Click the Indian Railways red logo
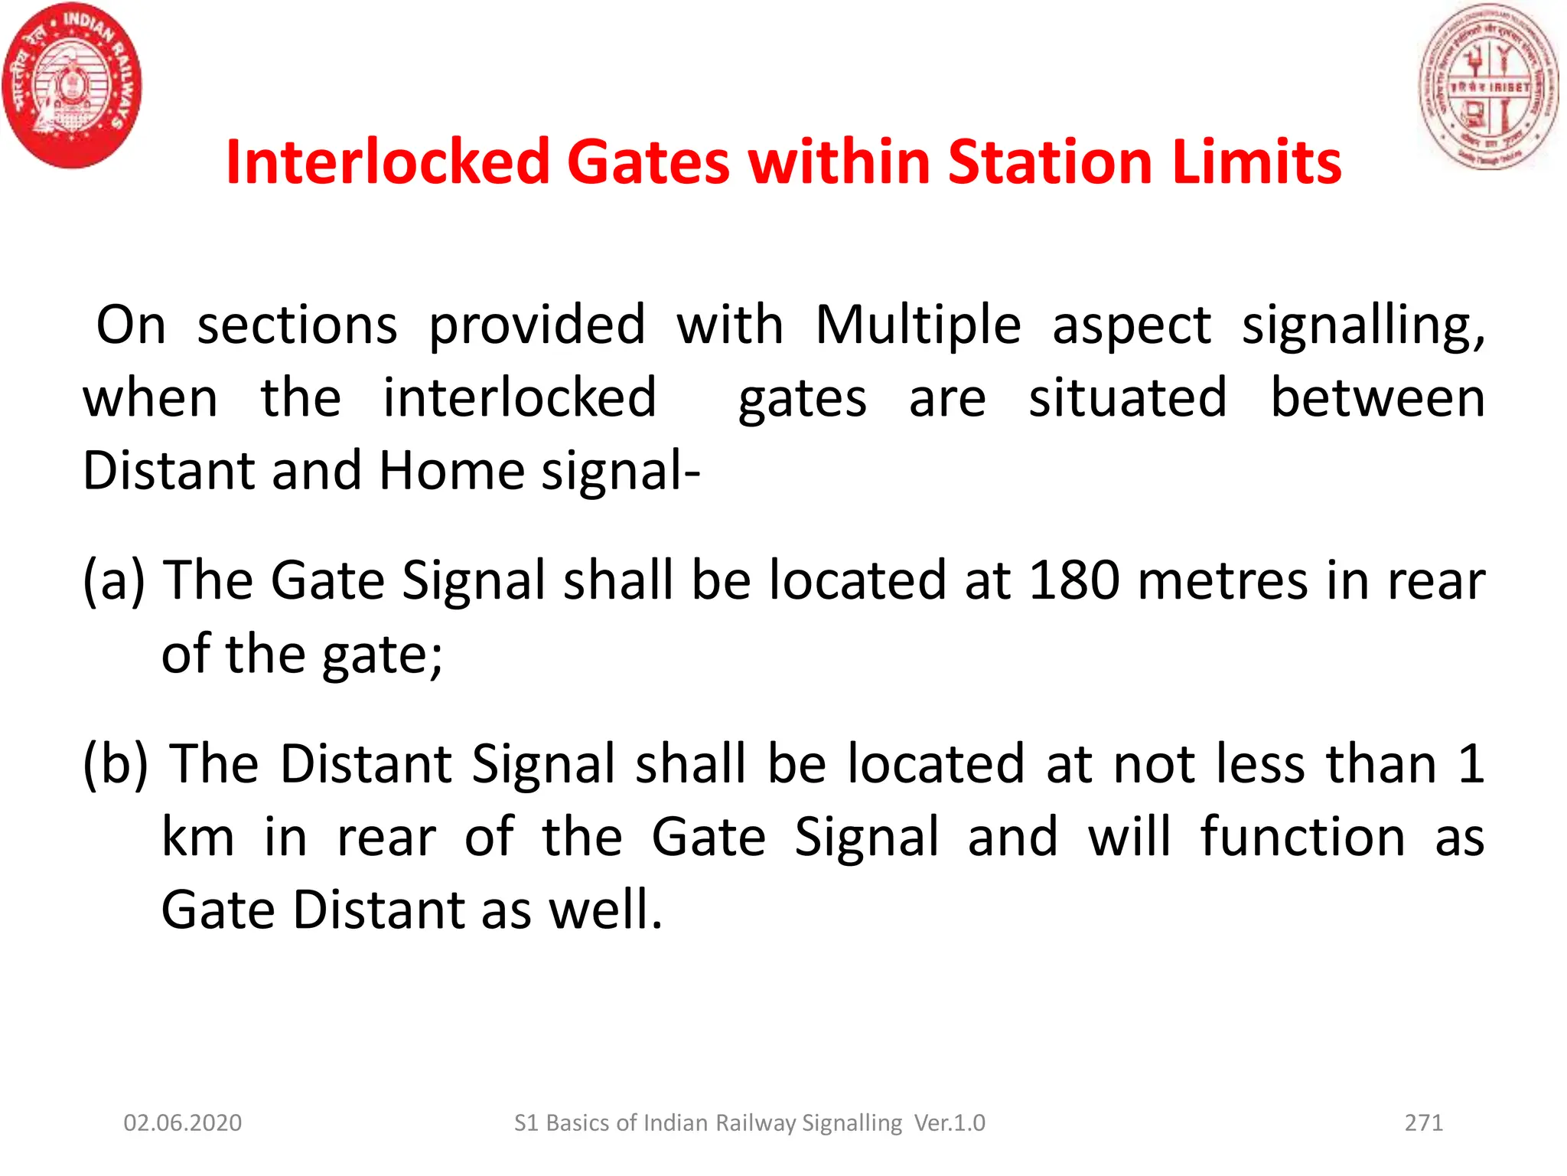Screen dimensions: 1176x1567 (72, 86)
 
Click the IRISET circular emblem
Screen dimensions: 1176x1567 (1488, 86)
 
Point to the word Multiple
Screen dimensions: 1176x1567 (917, 325)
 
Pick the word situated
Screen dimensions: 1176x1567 (1127, 398)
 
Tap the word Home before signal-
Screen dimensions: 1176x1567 (451, 470)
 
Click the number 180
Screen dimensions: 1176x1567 (1074, 580)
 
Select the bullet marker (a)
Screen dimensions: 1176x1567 (114, 580)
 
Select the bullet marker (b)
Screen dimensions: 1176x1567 (116, 763)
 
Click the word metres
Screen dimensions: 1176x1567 (1223, 580)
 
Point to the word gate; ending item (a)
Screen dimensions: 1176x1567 (382, 655)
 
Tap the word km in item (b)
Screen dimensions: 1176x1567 (198, 837)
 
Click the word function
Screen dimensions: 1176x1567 (1302, 837)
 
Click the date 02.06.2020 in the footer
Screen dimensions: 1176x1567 (183, 1122)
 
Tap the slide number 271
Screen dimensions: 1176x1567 (1423, 1122)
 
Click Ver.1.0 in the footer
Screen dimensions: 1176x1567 (950, 1122)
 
